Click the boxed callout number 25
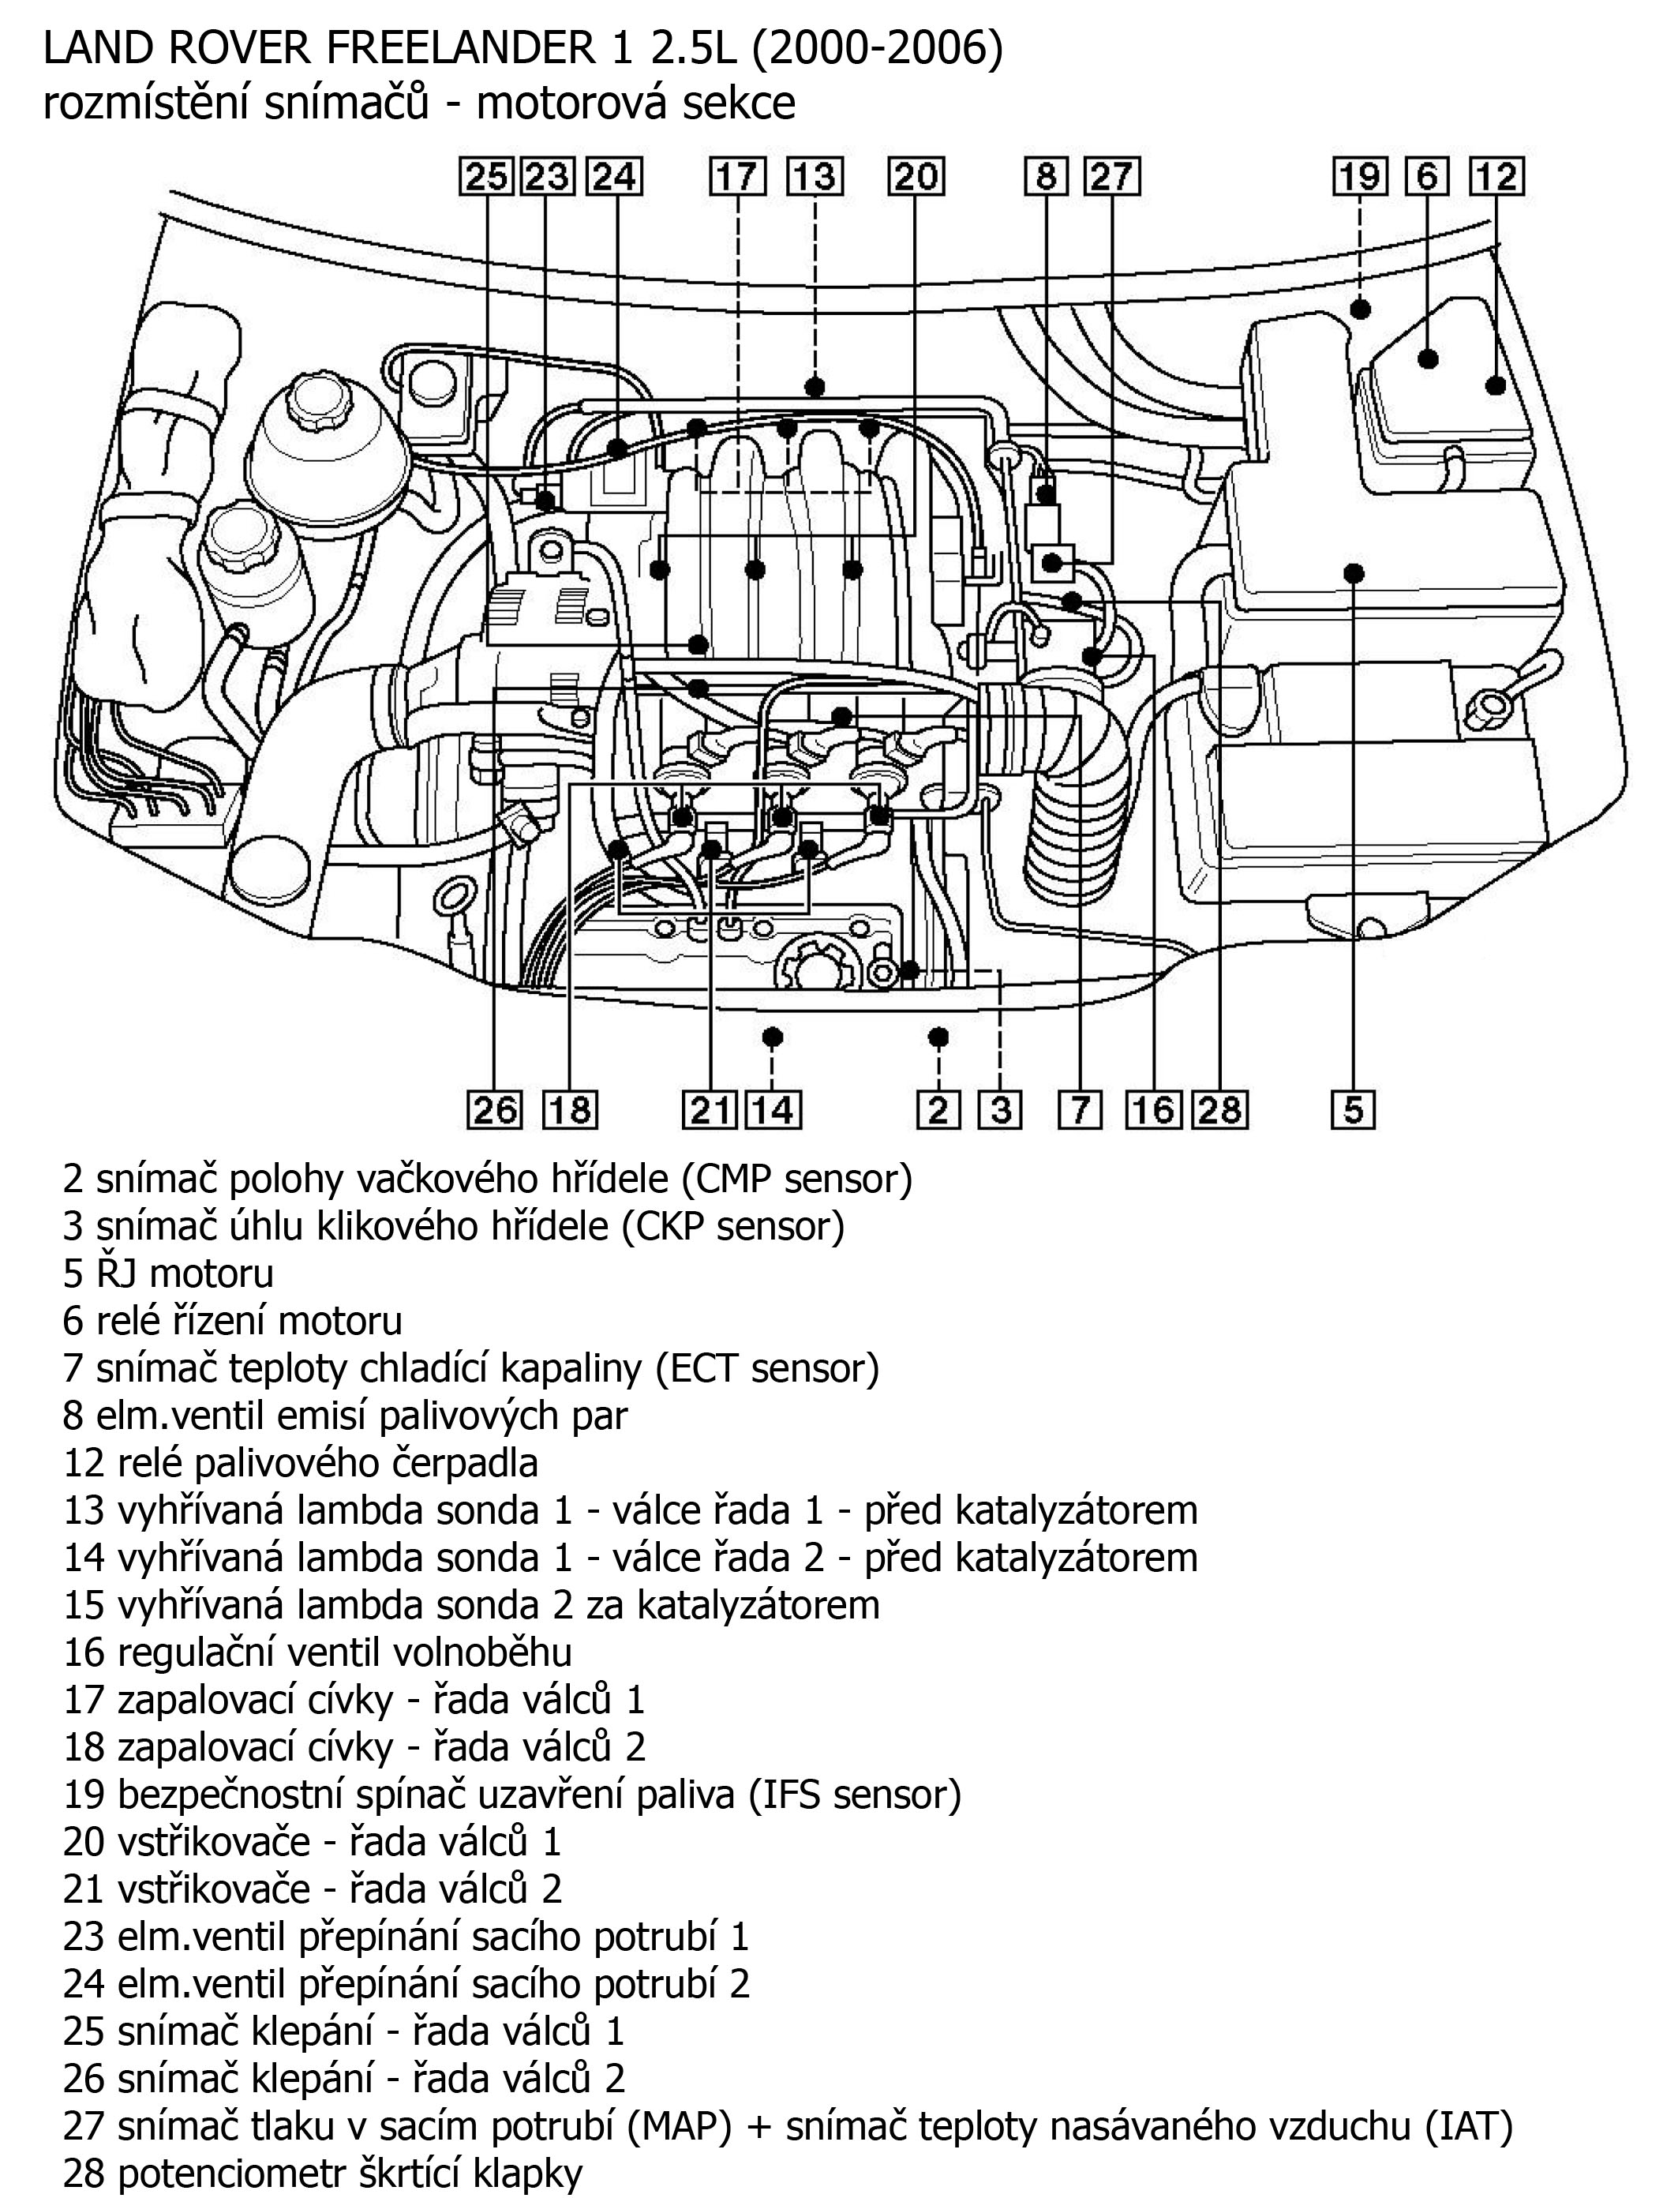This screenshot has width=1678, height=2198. coord(486,177)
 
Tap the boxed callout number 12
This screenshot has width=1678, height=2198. coord(1496,177)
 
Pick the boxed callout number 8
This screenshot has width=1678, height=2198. coord(1046,177)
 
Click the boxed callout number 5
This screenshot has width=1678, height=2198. coord(1354,1110)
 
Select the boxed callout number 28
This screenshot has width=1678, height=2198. coord(1219,1110)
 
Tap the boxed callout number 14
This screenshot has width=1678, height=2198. coord(775,1110)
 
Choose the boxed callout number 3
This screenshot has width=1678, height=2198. coord(1000,1110)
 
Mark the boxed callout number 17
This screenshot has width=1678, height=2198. coord(737,177)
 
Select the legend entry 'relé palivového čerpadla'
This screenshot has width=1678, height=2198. coord(300,1463)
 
